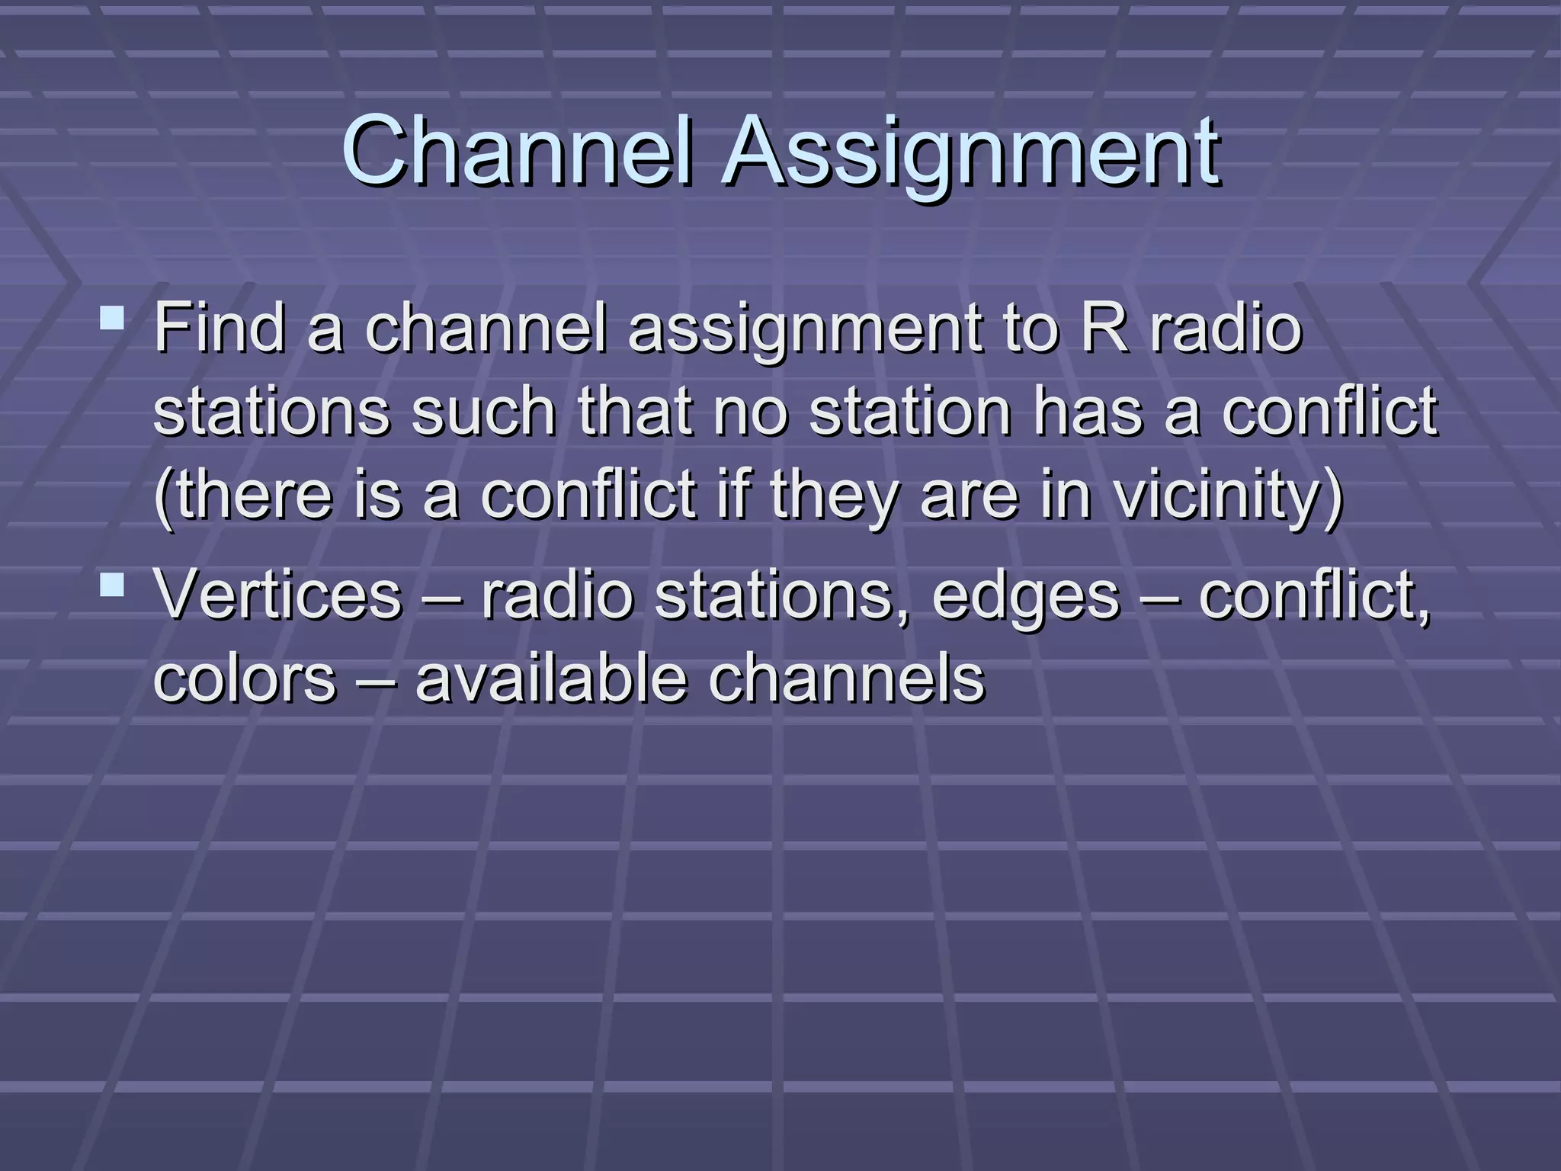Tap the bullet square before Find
[x=112, y=317]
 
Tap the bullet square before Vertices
[x=112, y=585]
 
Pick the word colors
[x=244, y=679]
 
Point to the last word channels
[x=846, y=679]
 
